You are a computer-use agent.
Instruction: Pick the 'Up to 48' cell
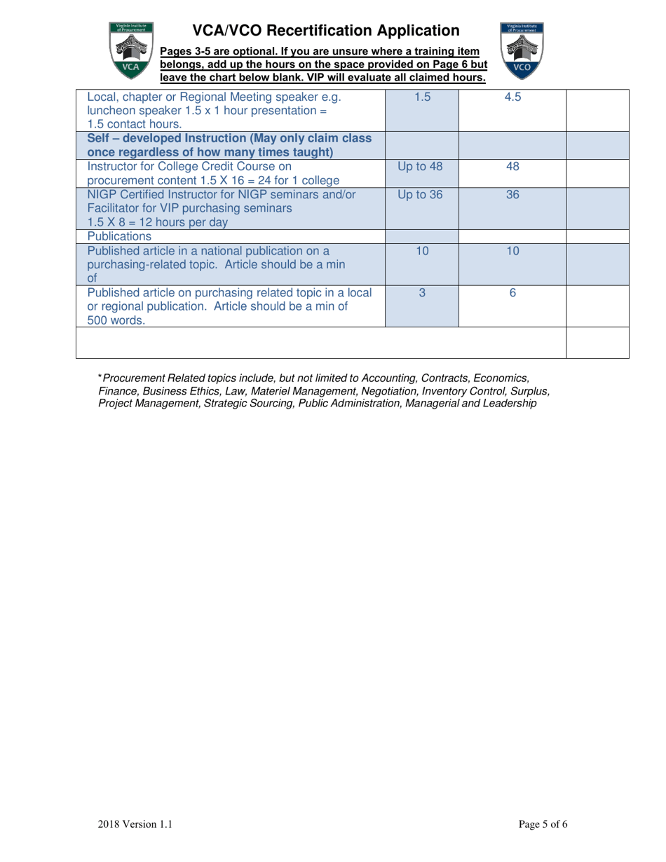tap(421, 167)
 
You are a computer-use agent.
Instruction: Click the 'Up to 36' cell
tap(421, 195)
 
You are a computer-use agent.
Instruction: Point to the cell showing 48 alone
tap(512, 167)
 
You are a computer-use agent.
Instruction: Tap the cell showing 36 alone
tap(512, 195)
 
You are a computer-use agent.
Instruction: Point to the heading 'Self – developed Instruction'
tap(189, 138)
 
